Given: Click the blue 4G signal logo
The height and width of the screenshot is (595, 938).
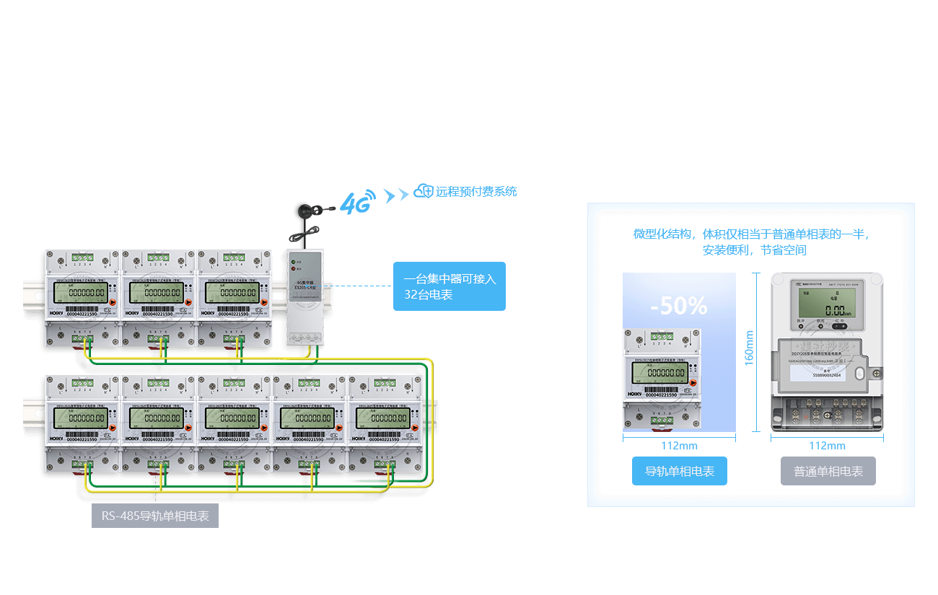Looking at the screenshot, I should pos(358,203).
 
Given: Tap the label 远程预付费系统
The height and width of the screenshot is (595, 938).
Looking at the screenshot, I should pos(476,192).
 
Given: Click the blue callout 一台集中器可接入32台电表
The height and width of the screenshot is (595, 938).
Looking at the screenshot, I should pos(450,286).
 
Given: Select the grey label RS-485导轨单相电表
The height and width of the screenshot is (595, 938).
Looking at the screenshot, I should pos(154,516).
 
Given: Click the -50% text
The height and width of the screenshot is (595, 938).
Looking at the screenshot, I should pos(678,306).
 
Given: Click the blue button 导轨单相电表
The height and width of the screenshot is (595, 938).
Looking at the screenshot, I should pos(679,471).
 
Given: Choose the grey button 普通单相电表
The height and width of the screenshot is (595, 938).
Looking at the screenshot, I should pos(828,471).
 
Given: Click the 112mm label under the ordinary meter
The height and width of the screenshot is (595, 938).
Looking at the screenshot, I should pos(827,446).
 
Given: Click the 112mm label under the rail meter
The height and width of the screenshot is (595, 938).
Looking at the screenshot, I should pos(679,446).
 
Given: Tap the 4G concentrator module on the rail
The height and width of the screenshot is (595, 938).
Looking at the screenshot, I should pos(304,296).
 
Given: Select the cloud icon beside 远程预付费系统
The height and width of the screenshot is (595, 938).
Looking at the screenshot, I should pos(423,192).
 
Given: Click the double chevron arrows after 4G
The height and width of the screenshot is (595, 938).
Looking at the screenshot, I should pos(396,195).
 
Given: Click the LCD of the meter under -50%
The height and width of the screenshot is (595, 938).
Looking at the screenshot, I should pos(659,372).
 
